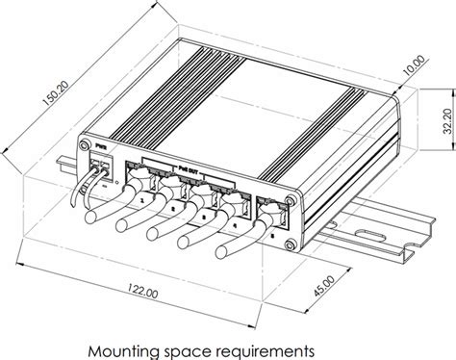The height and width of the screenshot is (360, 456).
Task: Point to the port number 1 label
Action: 141,200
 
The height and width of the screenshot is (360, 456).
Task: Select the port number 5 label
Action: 271,232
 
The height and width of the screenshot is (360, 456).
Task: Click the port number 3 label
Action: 204,217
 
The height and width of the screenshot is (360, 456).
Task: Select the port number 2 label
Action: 173,208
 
